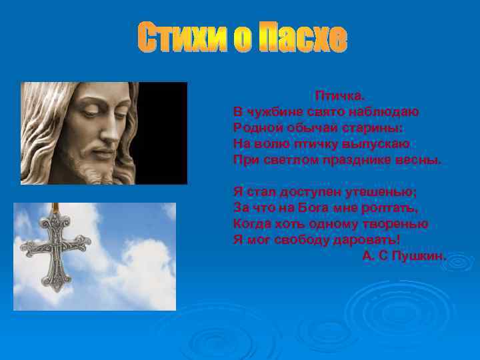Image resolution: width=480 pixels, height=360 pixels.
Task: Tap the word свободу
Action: (x=311, y=240)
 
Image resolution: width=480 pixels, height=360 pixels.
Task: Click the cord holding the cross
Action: (x=57, y=208)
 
